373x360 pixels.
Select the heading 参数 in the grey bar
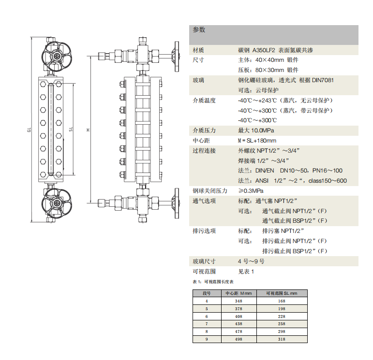(x=199, y=30)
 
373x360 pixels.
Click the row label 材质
(x=198, y=50)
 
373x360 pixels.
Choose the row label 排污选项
(x=204, y=231)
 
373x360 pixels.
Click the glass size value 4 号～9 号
(x=251, y=261)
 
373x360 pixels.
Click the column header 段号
(x=207, y=293)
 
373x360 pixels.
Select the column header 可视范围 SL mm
(x=281, y=293)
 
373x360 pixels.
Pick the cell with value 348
(x=239, y=301)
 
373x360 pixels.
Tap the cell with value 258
(x=281, y=323)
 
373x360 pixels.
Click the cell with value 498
(x=239, y=339)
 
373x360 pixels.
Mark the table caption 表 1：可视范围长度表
(x=213, y=282)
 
